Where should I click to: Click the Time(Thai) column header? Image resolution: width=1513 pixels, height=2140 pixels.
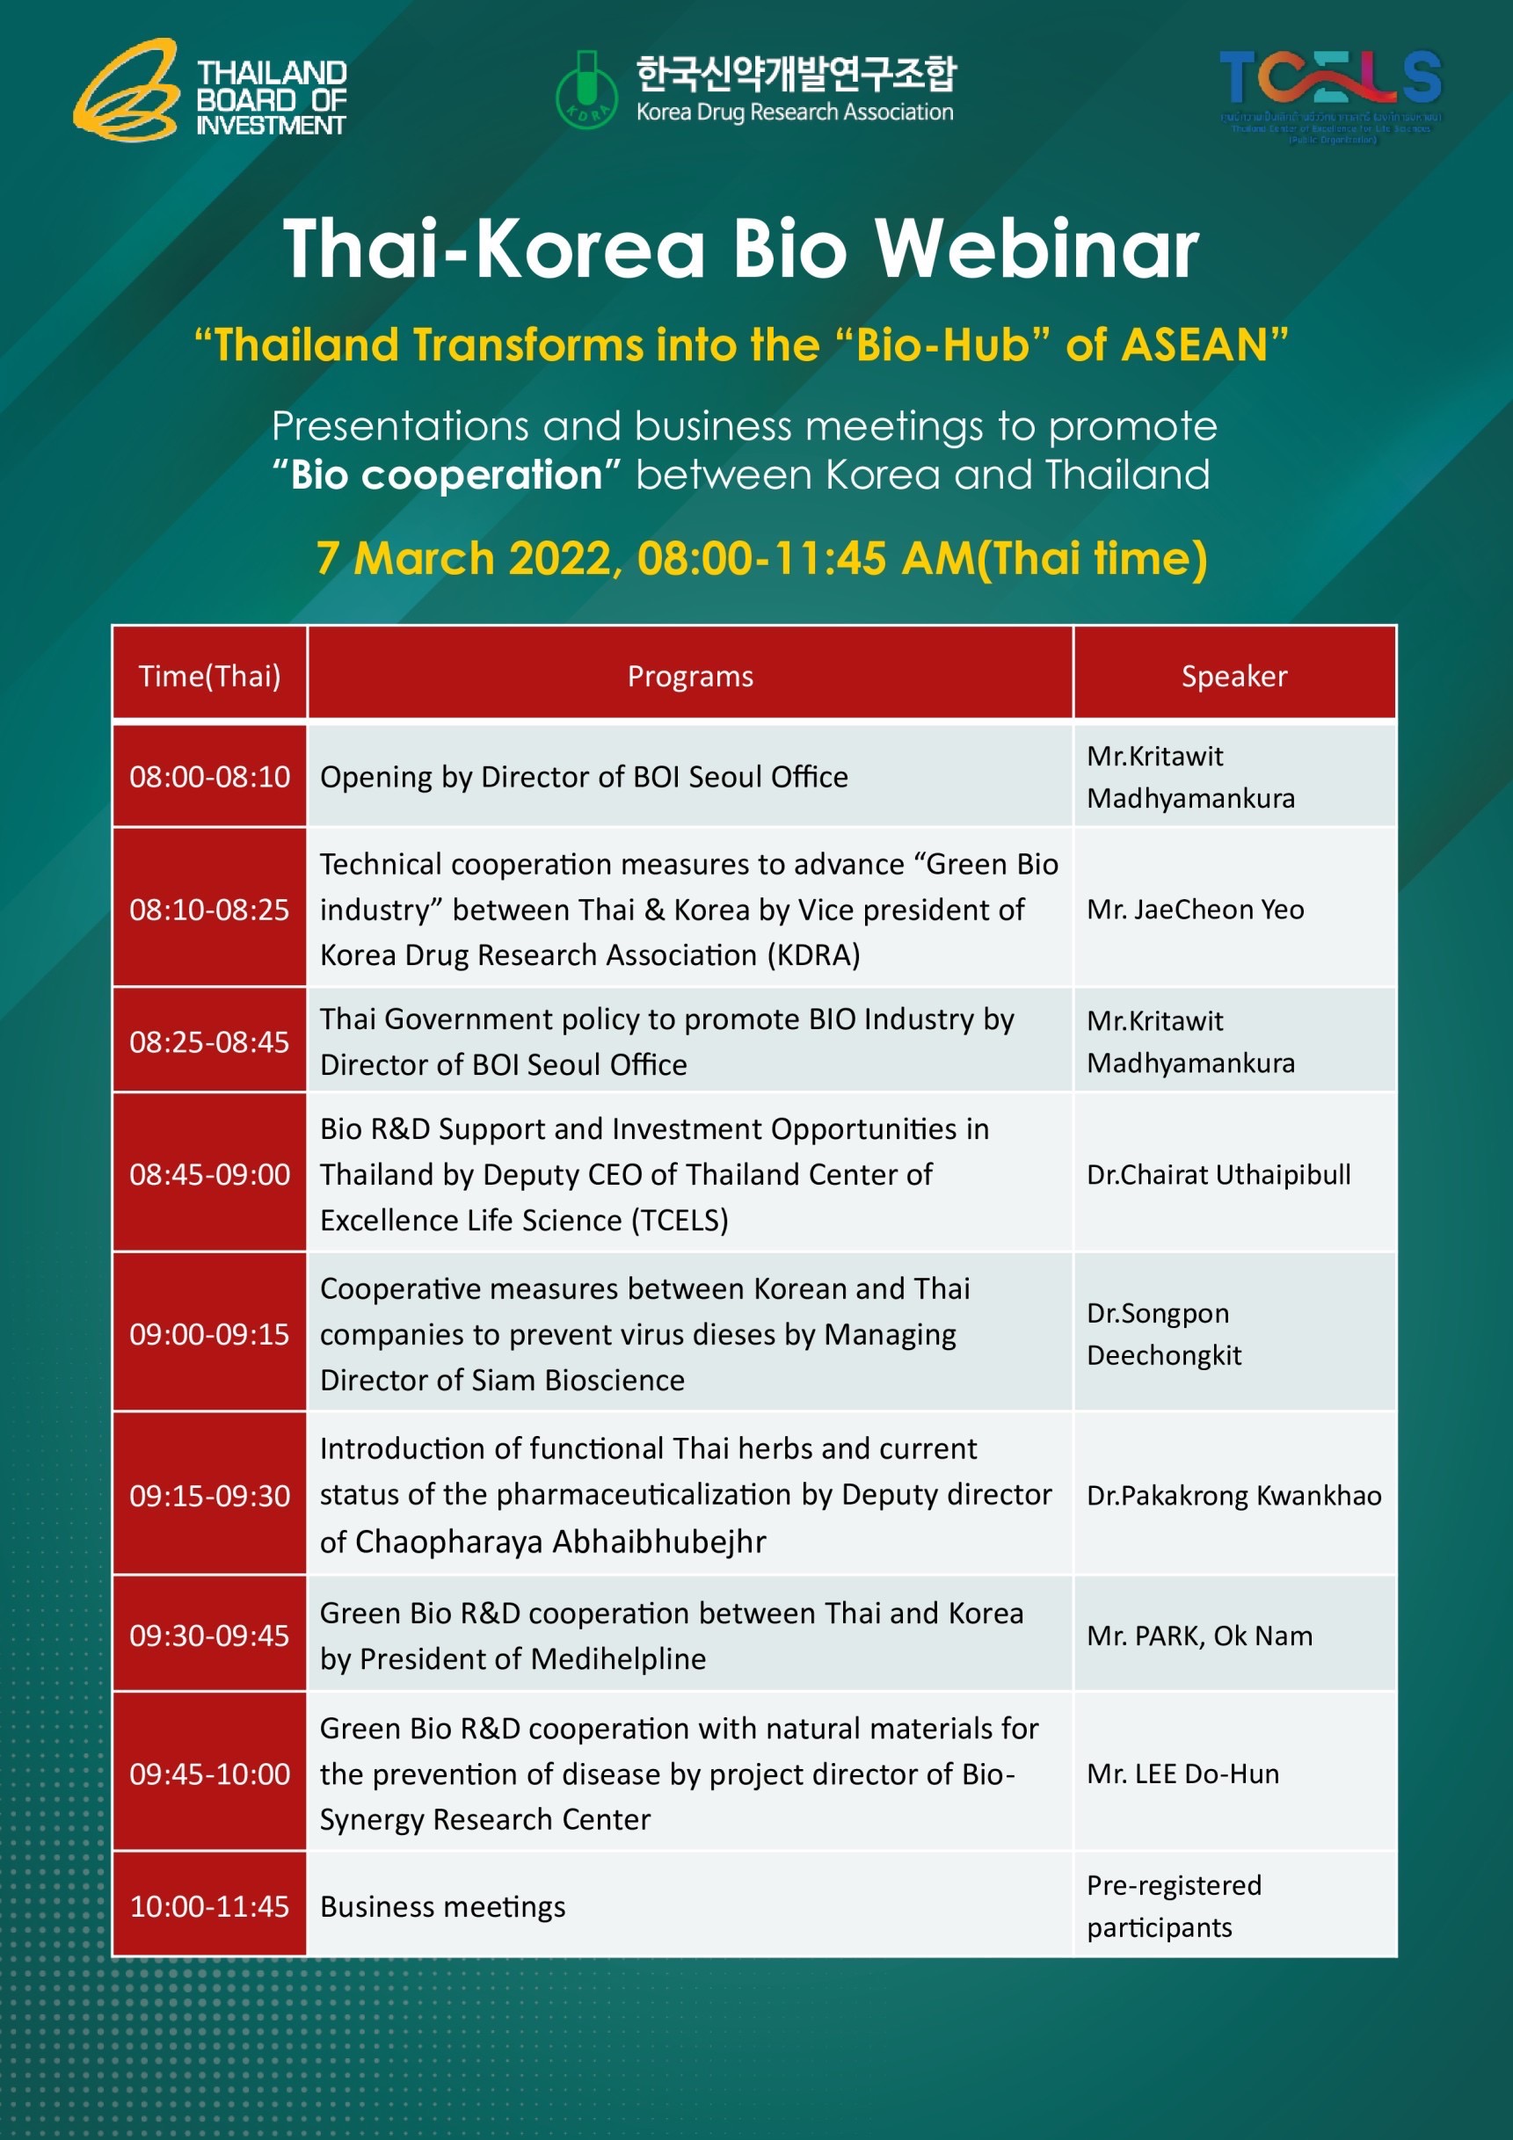point(210,676)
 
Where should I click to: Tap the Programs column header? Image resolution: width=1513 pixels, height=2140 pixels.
point(690,676)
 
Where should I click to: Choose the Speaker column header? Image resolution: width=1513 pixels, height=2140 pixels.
point(1233,676)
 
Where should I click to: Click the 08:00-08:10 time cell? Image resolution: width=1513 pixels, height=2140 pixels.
point(210,776)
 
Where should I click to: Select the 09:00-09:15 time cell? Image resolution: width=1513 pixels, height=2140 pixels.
point(210,1334)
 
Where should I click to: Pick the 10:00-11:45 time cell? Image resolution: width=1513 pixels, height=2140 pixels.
point(210,1906)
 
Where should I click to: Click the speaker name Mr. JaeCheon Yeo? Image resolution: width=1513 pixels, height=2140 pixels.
point(1195,909)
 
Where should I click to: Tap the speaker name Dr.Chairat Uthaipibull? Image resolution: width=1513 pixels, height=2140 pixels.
point(1218,1174)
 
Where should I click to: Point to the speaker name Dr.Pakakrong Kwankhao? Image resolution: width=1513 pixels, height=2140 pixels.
point(1233,1495)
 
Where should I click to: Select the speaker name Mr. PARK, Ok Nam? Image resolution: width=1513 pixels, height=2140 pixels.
point(1199,1636)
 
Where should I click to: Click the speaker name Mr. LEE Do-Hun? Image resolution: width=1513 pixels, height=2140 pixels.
point(1182,1774)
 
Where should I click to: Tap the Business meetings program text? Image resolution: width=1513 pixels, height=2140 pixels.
point(443,1907)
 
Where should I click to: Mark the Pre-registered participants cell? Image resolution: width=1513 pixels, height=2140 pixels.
point(1173,1905)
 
